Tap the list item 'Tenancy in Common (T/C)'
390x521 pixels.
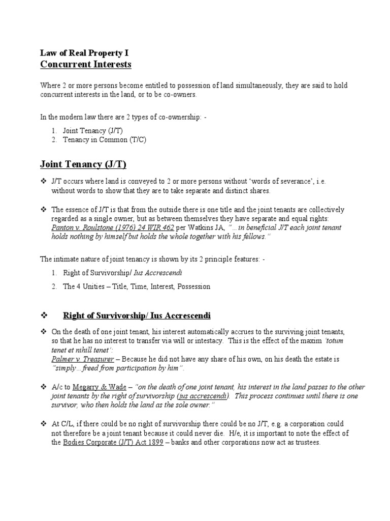click(104, 139)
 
